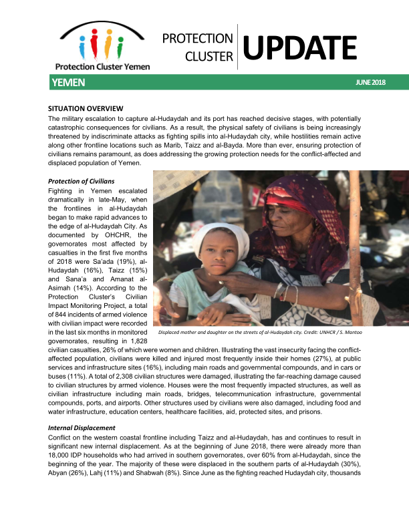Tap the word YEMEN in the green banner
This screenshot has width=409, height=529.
click(68, 82)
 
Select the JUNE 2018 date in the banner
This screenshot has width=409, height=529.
click(371, 83)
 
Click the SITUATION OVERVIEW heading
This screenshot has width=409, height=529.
click(84, 108)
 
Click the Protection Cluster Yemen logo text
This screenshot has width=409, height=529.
click(102, 66)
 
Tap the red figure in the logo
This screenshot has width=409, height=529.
click(95, 47)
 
